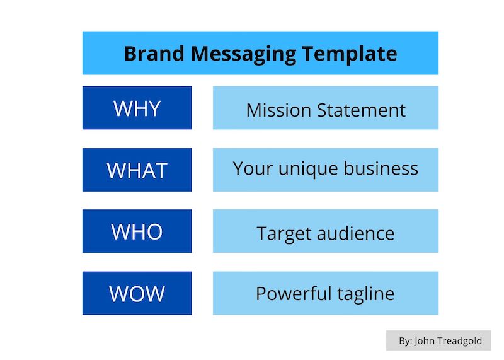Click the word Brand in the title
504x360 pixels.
[x=154, y=53]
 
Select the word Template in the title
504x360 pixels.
[x=350, y=54]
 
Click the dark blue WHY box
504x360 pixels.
[x=137, y=108]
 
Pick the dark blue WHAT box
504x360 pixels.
[x=137, y=170]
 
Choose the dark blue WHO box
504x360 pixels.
[x=137, y=231]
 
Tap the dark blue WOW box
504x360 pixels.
[x=137, y=293]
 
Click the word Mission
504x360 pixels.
[x=278, y=110]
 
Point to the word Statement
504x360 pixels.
[x=361, y=110]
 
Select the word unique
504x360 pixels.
[x=308, y=170]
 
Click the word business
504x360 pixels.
[x=381, y=168]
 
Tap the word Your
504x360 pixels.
[x=253, y=168]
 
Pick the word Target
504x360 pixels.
[x=284, y=234]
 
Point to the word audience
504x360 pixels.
[x=355, y=233]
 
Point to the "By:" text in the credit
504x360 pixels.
[x=405, y=341]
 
